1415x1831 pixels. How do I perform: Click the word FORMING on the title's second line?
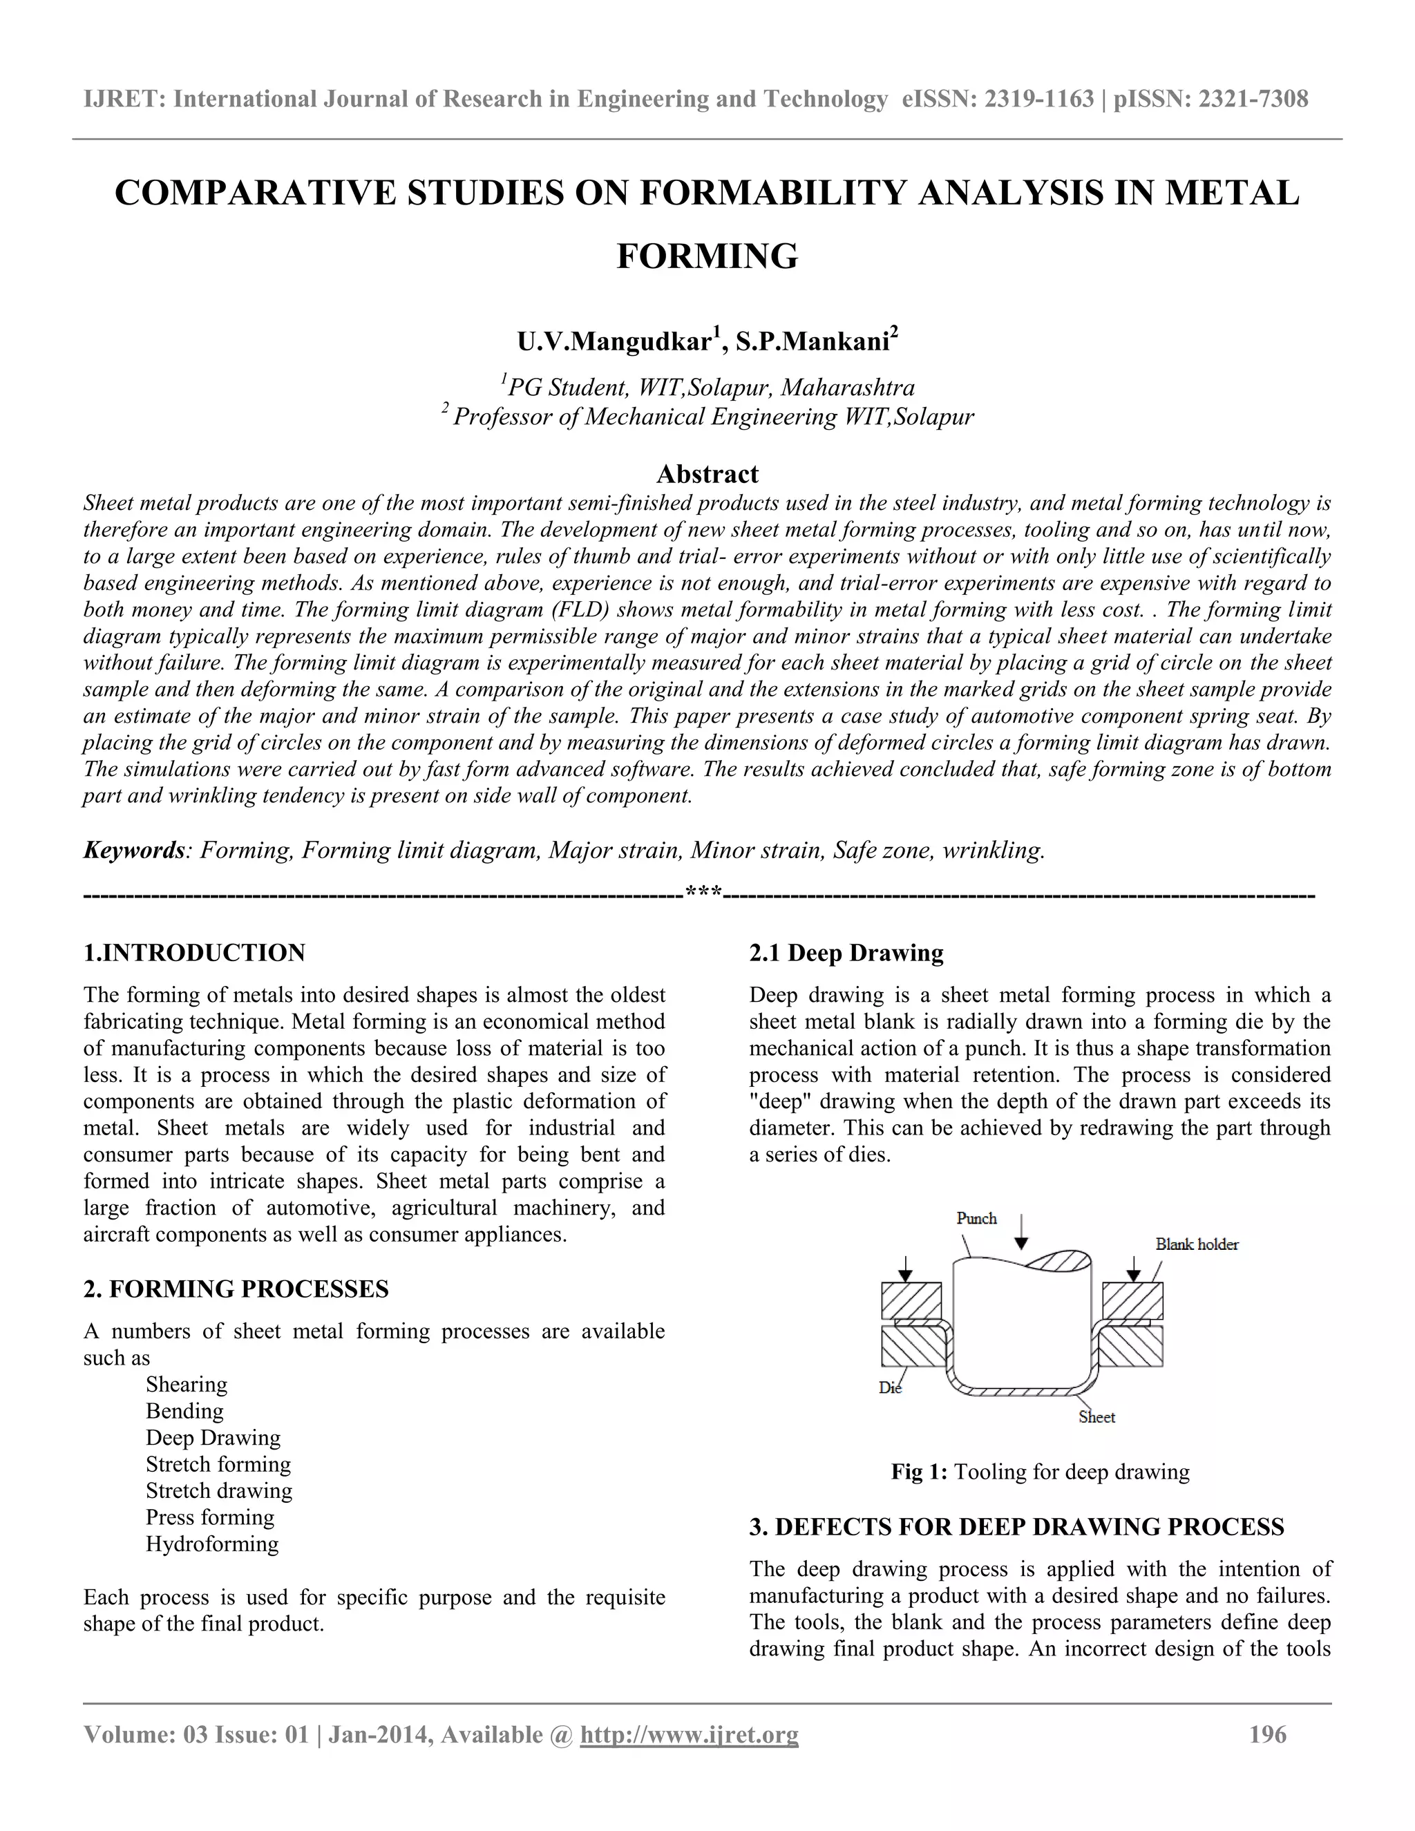(x=707, y=256)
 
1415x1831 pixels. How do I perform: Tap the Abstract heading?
(x=707, y=475)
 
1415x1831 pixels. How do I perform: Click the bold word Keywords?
(x=133, y=851)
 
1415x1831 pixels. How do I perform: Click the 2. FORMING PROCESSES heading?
(x=236, y=1289)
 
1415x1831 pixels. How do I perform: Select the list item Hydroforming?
(x=212, y=1544)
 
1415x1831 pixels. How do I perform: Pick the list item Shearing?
(x=186, y=1385)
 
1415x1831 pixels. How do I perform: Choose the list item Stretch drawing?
(x=219, y=1490)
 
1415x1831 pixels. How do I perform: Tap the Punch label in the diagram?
(x=976, y=1218)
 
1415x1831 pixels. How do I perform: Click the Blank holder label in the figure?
(x=1196, y=1245)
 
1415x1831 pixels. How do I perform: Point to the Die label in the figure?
(x=889, y=1388)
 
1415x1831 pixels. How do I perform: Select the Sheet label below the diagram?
(x=1096, y=1418)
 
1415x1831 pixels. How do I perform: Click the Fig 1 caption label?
(x=919, y=1472)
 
